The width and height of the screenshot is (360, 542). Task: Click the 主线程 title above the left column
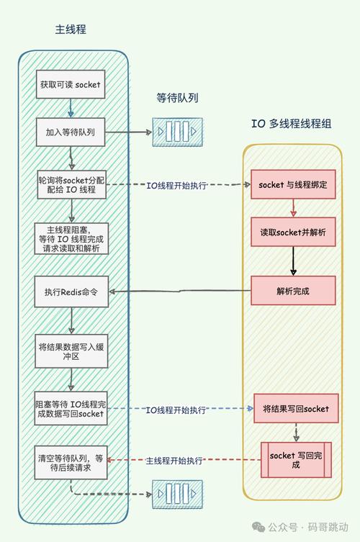[71, 30]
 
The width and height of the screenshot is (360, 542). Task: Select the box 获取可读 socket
[71, 85]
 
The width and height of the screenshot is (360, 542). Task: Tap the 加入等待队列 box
[71, 132]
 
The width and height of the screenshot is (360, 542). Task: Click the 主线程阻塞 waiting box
[71, 239]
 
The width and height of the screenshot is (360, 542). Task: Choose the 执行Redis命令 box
[71, 292]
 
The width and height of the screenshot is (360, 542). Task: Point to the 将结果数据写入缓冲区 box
[71, 351]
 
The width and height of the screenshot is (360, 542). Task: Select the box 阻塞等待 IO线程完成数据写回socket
[71, 408]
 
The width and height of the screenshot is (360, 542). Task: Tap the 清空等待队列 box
[71, 462]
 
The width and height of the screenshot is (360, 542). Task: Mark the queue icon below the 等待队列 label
[172, 132]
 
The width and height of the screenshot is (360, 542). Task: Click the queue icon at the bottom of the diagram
[172, 495]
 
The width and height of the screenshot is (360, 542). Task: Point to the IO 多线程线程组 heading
[292, 123]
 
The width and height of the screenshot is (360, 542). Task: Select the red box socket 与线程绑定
[293, 185]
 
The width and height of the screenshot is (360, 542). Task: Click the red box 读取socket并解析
[293, 233]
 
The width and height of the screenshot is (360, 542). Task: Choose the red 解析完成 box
[293, 291]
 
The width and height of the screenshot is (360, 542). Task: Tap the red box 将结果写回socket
[296, 409]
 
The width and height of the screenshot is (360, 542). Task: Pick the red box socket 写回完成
[295, 460]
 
